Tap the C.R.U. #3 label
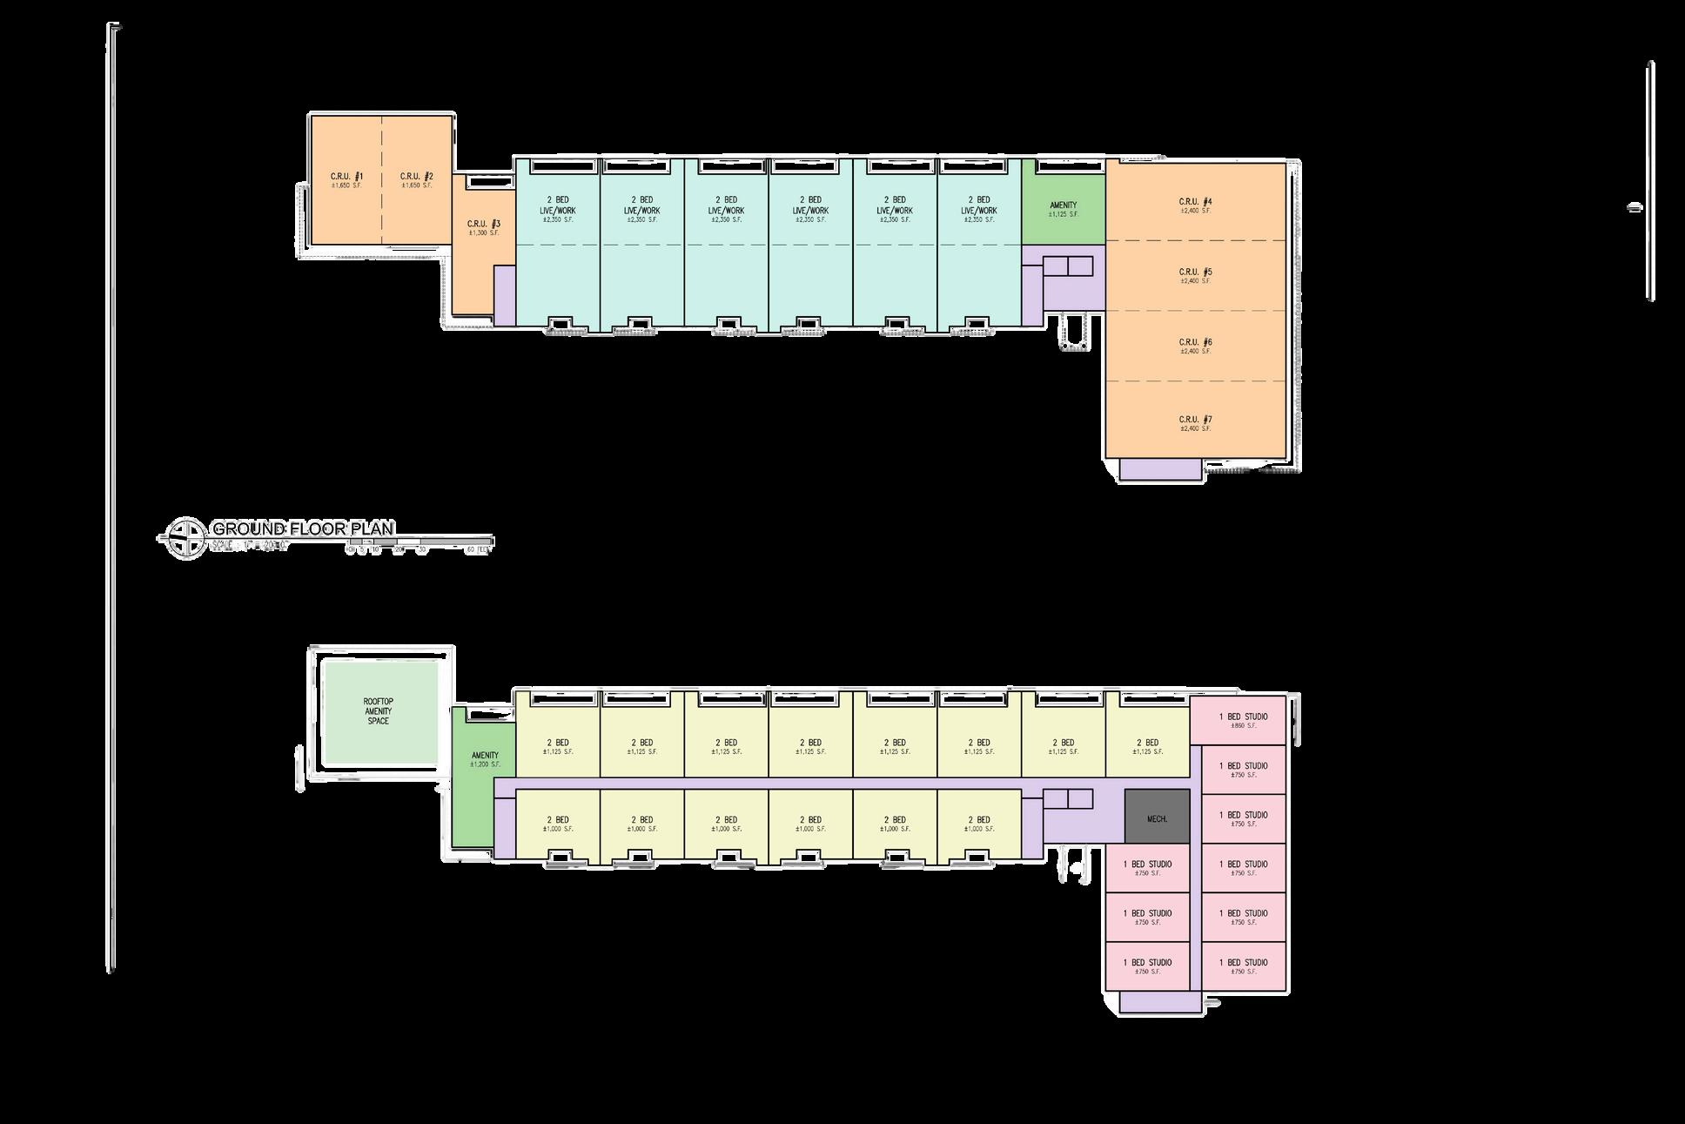(484, 225)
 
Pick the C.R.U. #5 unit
(1195, 275)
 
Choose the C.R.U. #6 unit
(1195, 346)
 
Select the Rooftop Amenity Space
(379, 713)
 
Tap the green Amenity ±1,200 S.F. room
(483, 759)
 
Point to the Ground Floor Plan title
(303, 528)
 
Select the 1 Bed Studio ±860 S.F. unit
(1243, 720)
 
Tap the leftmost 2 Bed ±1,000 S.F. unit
(557, 823)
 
